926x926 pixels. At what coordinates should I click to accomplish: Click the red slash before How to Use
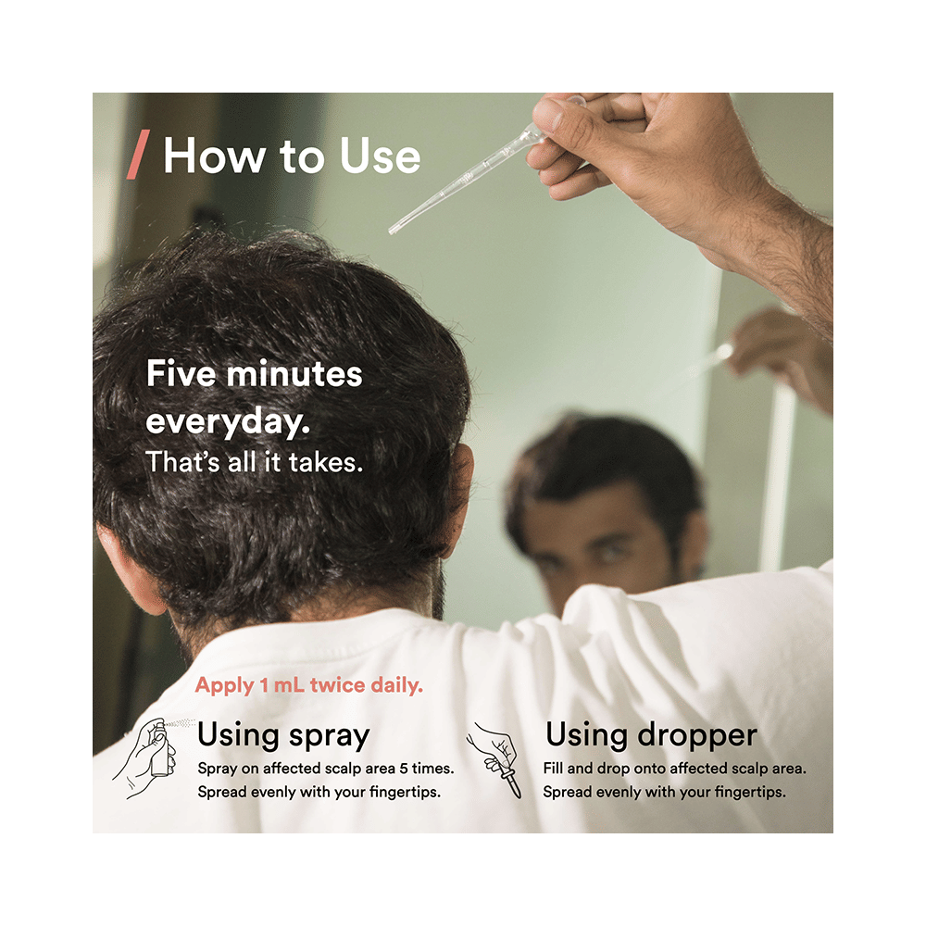pyautogui.click(x=138, y=154)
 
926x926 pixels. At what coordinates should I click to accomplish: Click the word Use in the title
pyautogui.click(x=380, y=156)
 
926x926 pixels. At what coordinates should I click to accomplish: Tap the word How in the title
pyautogui.click(x=215, y=156)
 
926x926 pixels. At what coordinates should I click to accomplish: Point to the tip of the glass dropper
pyautogui.click(x=391, y=231)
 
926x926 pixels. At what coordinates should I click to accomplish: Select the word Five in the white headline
pyautogui.click(x=181, y=373)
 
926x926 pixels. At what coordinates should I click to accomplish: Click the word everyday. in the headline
pyautogui.click(x=228, y=423)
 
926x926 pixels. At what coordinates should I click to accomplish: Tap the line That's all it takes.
pyautogui.click(x=254, y=462)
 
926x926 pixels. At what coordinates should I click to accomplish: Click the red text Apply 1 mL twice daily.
pyautogui.click(x=309, y=685)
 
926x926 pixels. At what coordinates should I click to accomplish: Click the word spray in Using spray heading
pyautogui.click(x=329, y=736)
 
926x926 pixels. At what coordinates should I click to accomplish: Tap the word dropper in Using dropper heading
pyautogui.click(x=697, y=736)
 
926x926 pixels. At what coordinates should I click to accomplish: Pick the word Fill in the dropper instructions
pyautogui.click(x=553, y=768)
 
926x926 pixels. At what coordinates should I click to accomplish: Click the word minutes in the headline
pyautogui.click(x=294, y=373)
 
